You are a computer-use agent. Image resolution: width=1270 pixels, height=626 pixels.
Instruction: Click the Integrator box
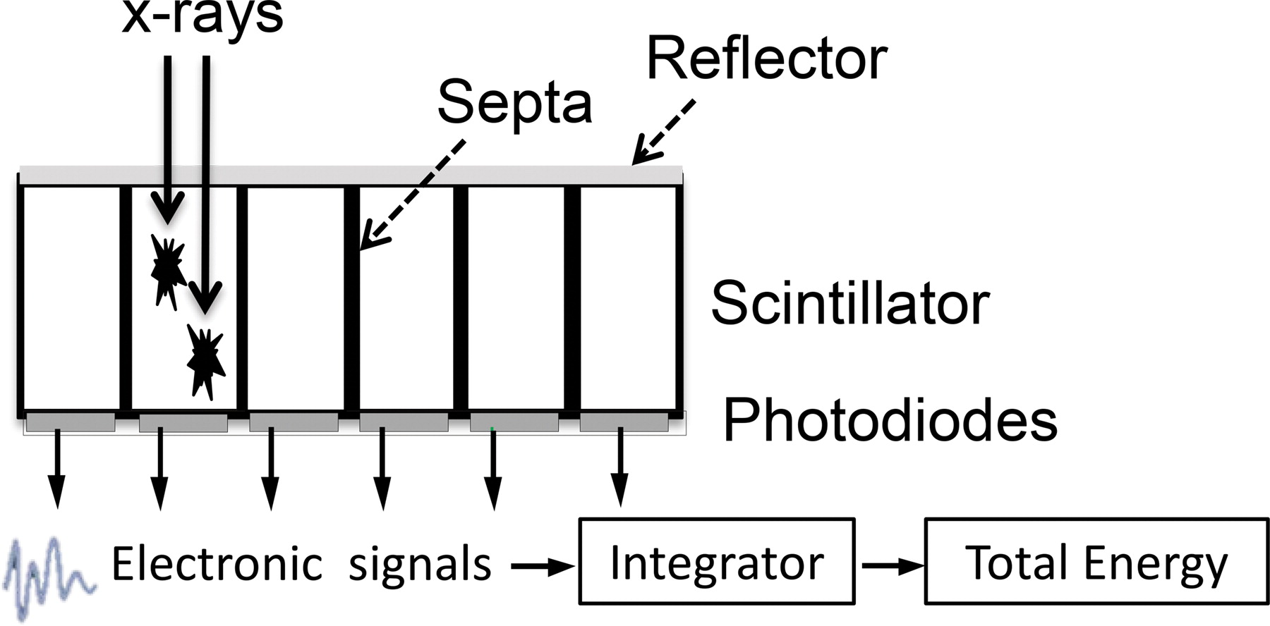point(716,562)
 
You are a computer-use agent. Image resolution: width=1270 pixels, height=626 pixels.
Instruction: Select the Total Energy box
point(1096,562)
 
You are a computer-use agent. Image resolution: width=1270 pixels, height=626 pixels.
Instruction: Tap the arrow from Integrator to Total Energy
point(891,565)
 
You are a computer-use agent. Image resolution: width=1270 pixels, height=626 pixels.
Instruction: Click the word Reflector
point(767,59)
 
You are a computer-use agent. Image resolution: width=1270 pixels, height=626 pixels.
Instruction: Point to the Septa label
point(514,103)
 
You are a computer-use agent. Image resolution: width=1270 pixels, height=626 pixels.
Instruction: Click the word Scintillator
point(849,304)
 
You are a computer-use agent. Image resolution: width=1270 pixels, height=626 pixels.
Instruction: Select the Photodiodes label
point(890,420)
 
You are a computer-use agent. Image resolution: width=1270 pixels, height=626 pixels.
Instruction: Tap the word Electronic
point(217,564)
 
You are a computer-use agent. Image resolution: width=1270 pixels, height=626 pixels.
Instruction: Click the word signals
point(420,565)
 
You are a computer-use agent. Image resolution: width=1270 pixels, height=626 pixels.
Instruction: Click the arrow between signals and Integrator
point(542,565)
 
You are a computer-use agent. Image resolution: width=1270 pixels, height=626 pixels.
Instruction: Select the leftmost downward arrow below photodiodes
point(57,468)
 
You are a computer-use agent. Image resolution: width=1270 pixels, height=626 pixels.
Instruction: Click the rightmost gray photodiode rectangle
point(624,423)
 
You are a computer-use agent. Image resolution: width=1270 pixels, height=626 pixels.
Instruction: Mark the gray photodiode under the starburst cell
point(183,423)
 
